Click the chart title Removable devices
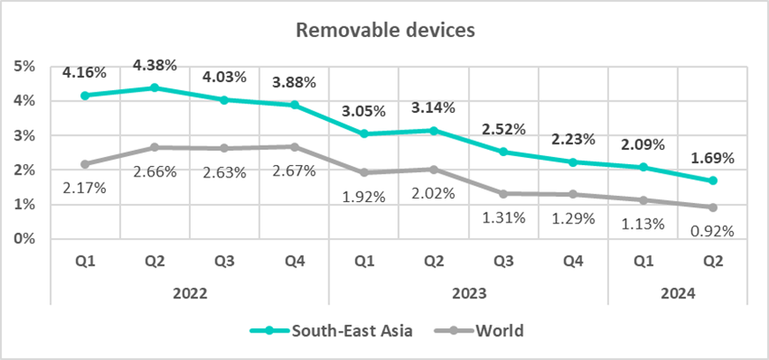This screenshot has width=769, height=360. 386,30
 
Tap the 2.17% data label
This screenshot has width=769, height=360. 85,187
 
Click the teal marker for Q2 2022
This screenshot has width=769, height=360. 155,87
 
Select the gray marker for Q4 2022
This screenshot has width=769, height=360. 294,146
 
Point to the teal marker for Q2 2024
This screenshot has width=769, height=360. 712,181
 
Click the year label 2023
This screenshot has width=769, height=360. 468,293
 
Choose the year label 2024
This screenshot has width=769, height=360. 677,293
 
